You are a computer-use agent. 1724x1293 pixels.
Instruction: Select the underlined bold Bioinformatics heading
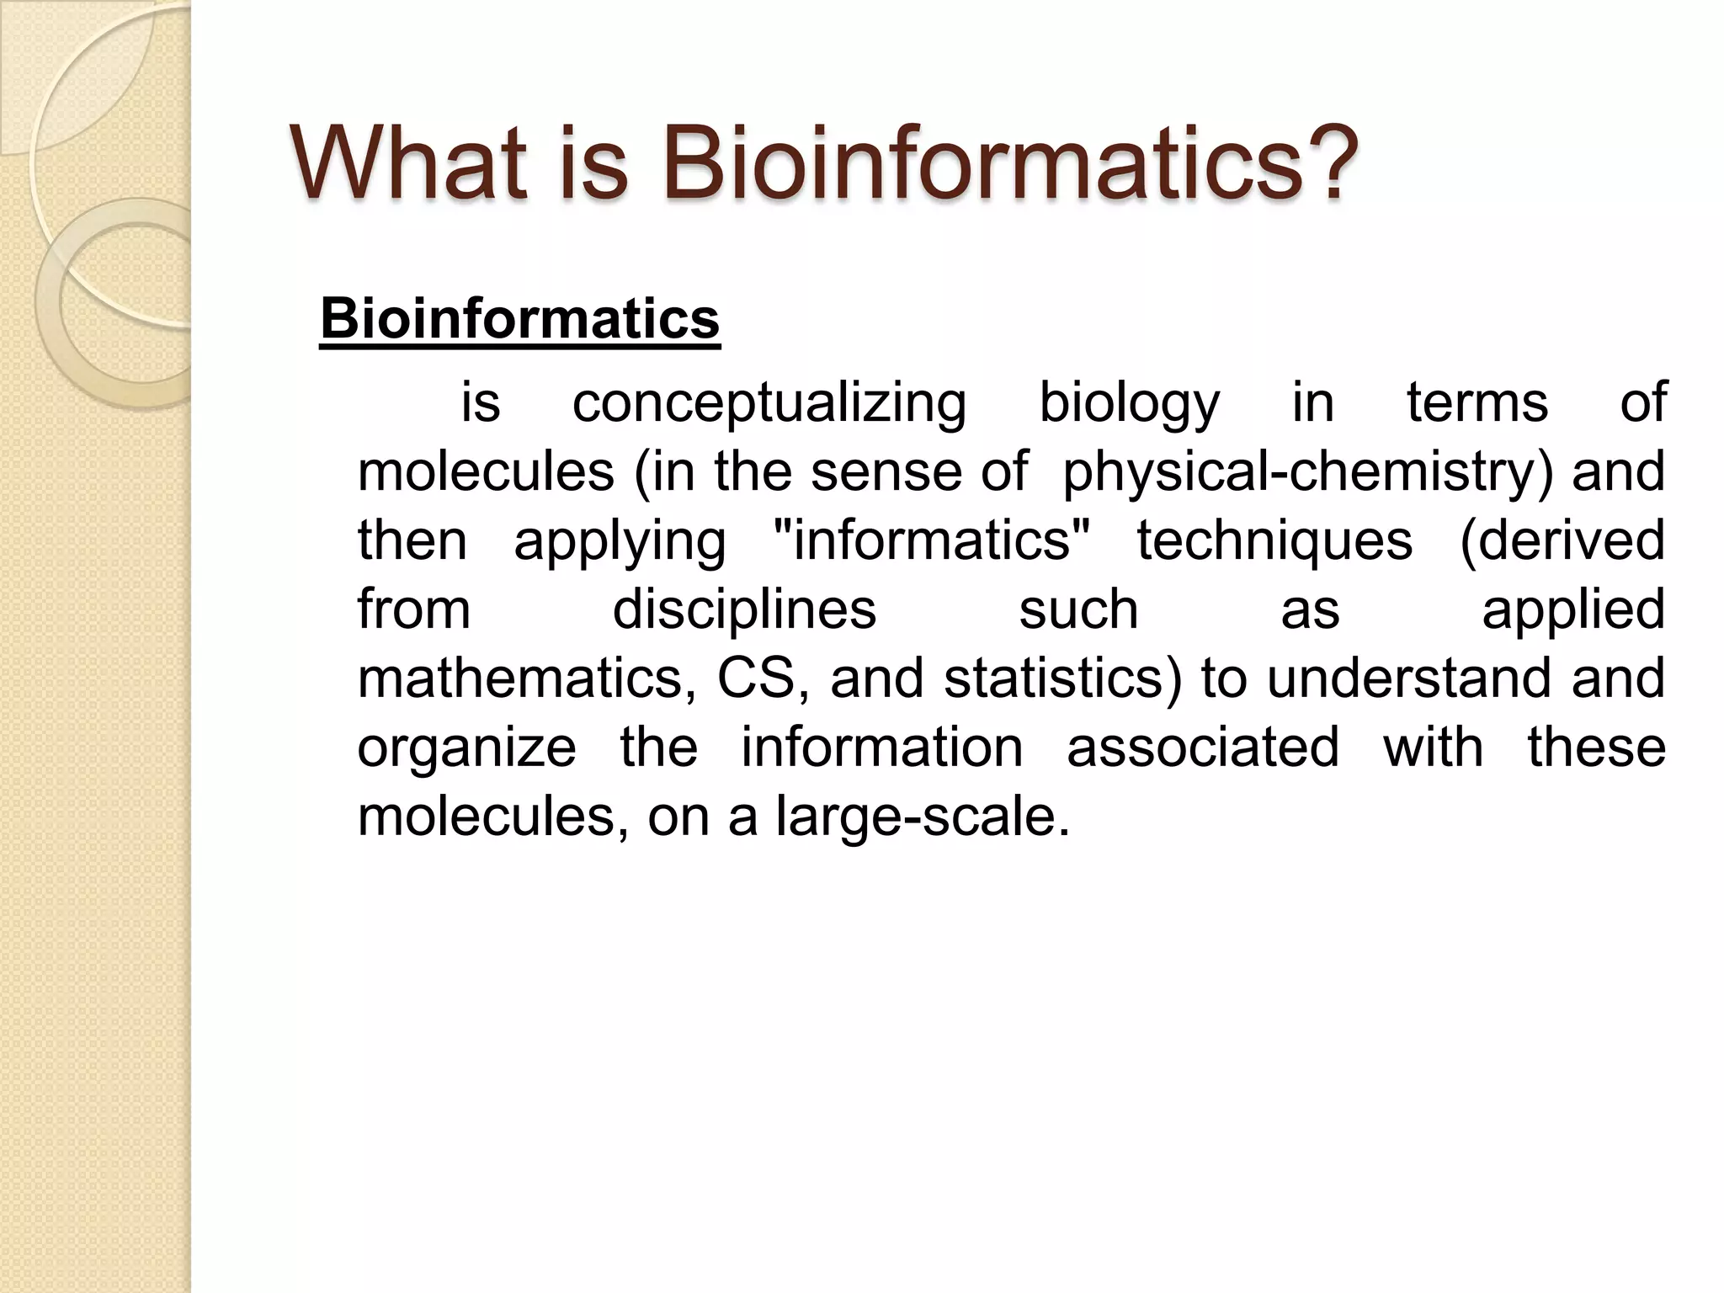point(520,320)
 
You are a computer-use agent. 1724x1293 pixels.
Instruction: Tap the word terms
point(1477,402)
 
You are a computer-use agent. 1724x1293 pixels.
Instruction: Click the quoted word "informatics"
point(931,540)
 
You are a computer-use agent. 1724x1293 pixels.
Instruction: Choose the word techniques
point(1274,540)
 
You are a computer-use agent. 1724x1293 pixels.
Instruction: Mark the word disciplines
point(744,609)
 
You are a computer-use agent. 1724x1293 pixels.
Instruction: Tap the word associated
point(1203,748)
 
